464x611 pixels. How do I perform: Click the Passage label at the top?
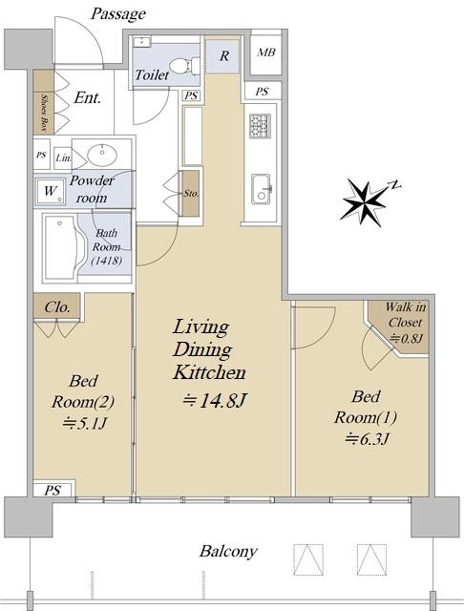click(x=118, y=14)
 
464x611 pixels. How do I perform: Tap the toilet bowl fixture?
click(x=184, y=66)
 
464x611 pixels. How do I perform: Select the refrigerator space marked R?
click(x=222, y=54)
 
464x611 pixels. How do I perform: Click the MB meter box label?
click(x=266, y=53)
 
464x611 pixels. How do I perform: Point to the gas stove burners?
click(x=260, y=125)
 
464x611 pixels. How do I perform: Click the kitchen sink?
click(x=261, y=189)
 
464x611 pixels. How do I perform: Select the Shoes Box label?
click(x=44, y=114)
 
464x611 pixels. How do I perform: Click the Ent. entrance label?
click(x=87, y=97)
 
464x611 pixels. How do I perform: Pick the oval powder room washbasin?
click(x=102, y=155)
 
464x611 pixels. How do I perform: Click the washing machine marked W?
click(x=51, y=191)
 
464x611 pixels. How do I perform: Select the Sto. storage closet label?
click(x=191, y=193)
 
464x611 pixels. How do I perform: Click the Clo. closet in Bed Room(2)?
click(x=57, y=306)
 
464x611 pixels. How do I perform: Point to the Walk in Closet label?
click(x=406, y=314)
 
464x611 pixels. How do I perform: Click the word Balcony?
click(x=228, y=552)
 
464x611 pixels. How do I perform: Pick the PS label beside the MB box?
click(x=263, y=92)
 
